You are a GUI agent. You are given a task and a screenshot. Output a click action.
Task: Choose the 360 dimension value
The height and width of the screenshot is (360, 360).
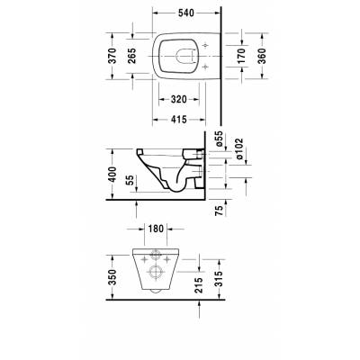coord(263,55)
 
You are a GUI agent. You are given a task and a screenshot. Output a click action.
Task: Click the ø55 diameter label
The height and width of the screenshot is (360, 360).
coord(220,140)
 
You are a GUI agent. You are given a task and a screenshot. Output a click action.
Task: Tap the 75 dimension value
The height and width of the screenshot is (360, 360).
coord(220,212)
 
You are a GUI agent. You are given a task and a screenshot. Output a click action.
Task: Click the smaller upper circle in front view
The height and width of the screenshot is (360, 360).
coord(155,255)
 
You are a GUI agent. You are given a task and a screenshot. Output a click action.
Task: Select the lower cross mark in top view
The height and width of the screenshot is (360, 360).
coord(206,67)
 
